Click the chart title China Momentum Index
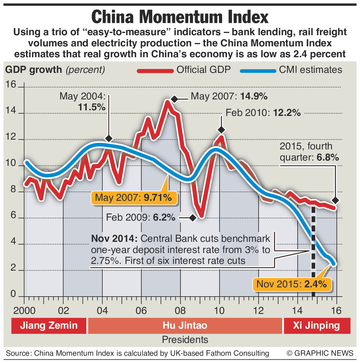[180, 17]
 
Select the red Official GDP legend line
[155, 71]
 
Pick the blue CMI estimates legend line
[258, 71]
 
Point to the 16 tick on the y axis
[11, 85]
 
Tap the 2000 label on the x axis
[24, 311]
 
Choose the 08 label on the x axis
[180, 311]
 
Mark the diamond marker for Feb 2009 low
[192, 218]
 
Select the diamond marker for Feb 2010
[221, 130]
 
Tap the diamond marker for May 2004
[109, 138]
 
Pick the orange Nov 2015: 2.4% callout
[292, 284]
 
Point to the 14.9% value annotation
[254, 97]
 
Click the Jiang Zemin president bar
[49, 326]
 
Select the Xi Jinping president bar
[316, 326]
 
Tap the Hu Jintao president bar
[185, 326]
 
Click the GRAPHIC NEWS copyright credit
[320, 353]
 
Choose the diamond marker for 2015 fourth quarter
[336, 200]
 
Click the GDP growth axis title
[34, 70]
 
